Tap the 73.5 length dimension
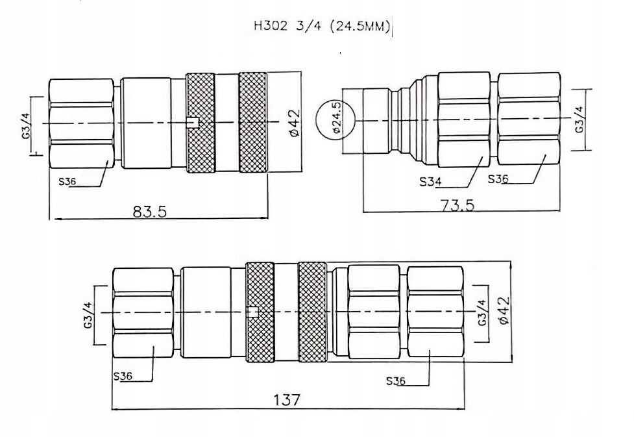457,205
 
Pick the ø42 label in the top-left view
293,123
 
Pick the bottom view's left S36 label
123,376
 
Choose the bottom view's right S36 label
395,381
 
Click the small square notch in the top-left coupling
191,123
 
